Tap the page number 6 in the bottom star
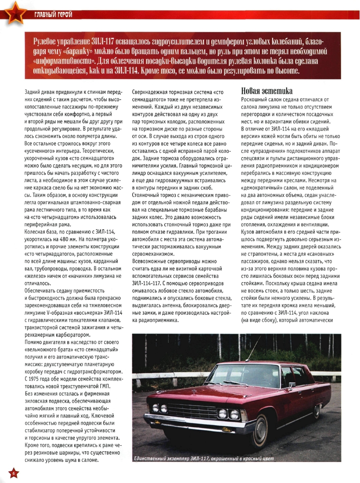point(13,473)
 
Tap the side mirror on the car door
point(291,385)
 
